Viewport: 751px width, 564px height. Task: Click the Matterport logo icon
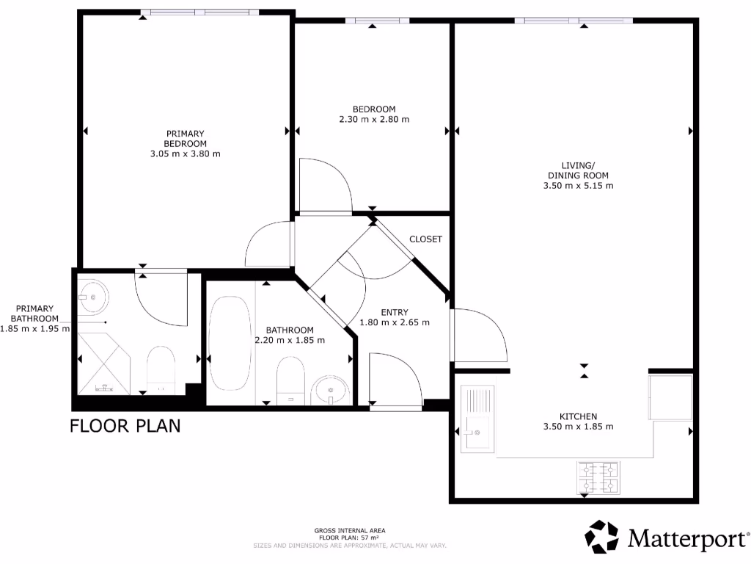[601, 537]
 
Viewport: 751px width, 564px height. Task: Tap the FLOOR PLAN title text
[125, 426]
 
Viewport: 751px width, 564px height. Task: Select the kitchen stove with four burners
[598, 477]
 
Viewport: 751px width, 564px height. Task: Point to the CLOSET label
[425, 239]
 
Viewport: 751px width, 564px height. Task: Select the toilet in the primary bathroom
[161, 369]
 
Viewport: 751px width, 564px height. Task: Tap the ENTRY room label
[395, 312]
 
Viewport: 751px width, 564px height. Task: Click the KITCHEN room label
[579, 416]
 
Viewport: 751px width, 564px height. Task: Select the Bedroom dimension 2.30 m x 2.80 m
[374, 119]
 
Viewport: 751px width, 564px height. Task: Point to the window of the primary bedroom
[199, 12]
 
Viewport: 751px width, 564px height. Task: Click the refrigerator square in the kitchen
[670, 397]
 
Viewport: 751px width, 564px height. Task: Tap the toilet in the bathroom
[290, 379]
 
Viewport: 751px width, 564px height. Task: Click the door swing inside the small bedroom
[323, 184]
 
